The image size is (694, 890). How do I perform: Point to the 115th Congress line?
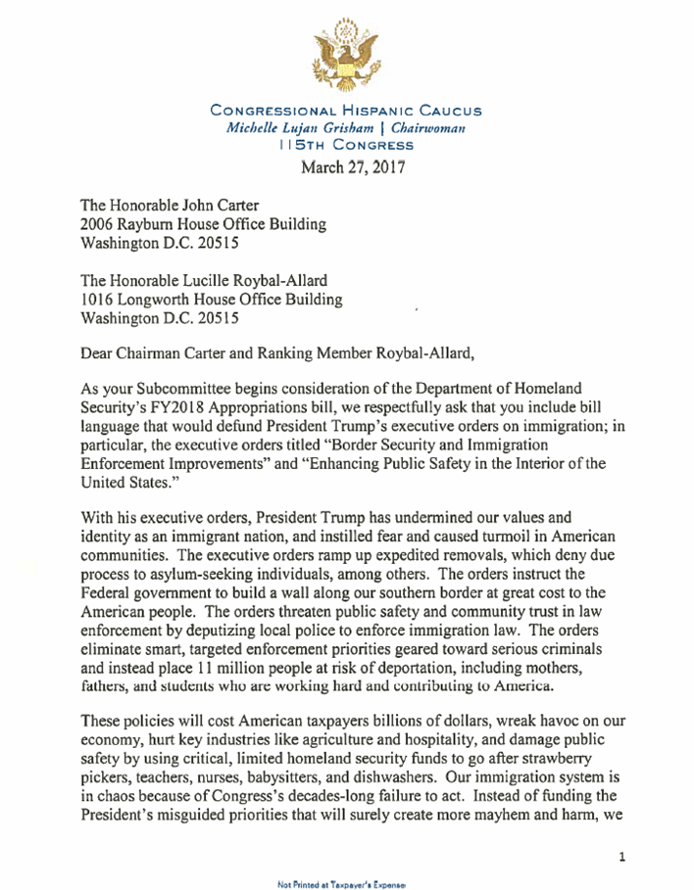(x=346, y=145)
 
